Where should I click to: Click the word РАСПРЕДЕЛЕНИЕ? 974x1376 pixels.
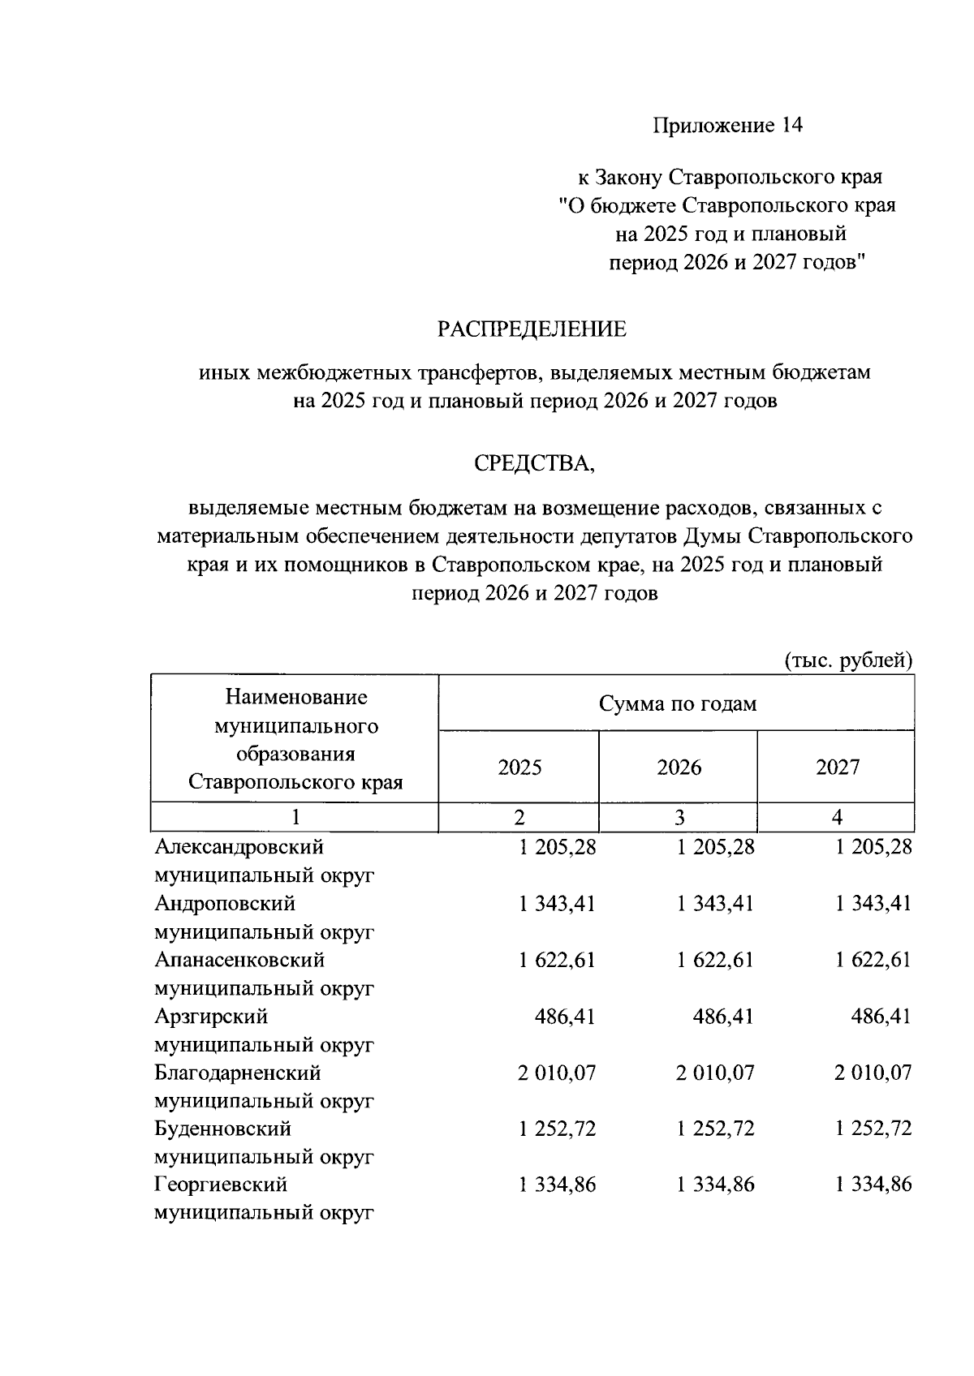pyautogui.click(x=532, y=329)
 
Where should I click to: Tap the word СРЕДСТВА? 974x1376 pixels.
pyautogui.click(x=535, y=463)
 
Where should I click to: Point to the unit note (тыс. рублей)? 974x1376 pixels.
pyautogui.click(x=848, y=660)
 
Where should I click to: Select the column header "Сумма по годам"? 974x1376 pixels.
pyautogui.click(x=677, y=703)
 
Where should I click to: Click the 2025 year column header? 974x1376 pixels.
pyautogui.click(x=519, y=768)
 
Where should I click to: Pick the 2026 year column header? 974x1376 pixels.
pyautogui.click(x=679, y=768)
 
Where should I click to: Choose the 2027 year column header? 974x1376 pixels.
pyautogui.click(x=837, y=768)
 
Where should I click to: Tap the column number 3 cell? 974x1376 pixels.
pyautogui.click(x=679, y=817)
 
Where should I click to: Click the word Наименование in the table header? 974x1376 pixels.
pyautogui.click(x=295, y=697)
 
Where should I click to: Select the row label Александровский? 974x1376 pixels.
pyautogui.click(x=239, y=847)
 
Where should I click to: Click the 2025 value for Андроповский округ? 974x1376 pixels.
pyautogui.click(x=557, y=904)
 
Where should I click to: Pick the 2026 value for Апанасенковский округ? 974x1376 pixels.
pyautogui.click(x=715, y=961)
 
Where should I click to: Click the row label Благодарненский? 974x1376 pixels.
pyautogui.click(x=238, y=1073)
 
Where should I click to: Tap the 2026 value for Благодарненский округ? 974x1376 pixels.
pyautogui.click(x=715, y=1073)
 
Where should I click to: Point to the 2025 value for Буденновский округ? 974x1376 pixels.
pyautogui.click(x=557, y=1129)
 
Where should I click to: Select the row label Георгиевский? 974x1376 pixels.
pyautogui.click(x=221, y=1185)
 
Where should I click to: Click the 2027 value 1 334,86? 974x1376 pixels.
pyautogui.click(x=873, y=1185)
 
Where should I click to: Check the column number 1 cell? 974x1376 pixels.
pyautogui.click(x=295, y=817)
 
